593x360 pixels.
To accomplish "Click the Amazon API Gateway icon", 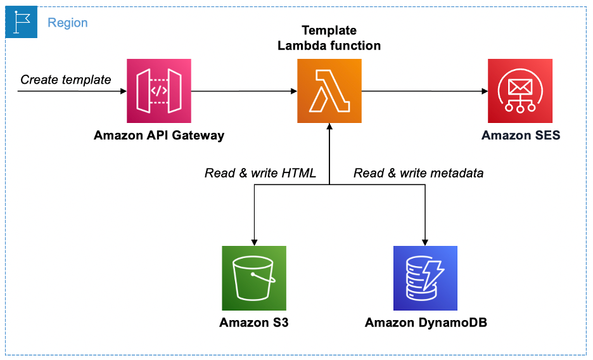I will point(159,91).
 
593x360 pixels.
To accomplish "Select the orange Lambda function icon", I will point(329,91).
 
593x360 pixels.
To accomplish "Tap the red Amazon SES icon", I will point(520,91).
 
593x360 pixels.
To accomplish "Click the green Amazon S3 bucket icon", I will point(254,278).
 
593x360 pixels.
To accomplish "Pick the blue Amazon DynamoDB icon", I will point(425,278).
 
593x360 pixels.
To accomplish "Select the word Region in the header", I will point(68,23).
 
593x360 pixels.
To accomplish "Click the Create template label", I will point(66,79).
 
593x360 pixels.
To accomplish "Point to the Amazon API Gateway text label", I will point(159,135).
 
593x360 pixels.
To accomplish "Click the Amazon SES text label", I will point(521,135).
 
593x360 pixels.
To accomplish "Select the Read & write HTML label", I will point(260,173).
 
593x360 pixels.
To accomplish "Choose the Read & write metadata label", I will point(418,173).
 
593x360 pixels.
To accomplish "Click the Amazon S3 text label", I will point(254,323).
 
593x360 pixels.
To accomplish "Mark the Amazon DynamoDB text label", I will point(426,323).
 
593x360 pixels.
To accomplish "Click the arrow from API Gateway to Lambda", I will point(244,91).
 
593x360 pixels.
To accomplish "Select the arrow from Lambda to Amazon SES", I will point(424,91).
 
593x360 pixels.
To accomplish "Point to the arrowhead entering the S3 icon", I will point(254,241).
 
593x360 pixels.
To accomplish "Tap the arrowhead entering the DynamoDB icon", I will point(425,241).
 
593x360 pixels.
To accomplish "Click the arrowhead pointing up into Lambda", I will point(329,127).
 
